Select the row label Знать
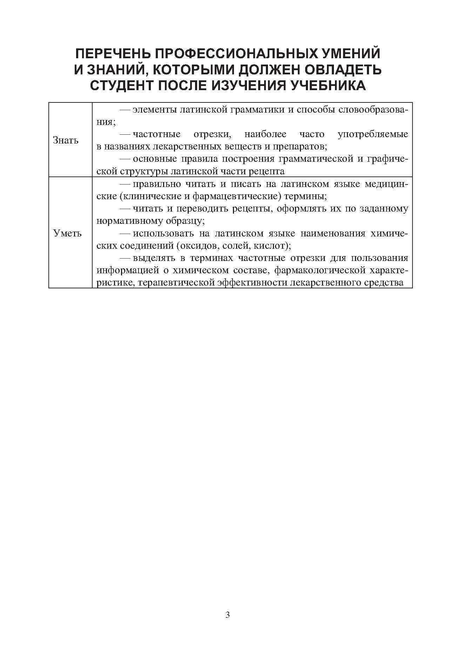(66, 141)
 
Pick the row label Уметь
(67, 233)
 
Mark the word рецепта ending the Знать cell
(268, 172)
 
